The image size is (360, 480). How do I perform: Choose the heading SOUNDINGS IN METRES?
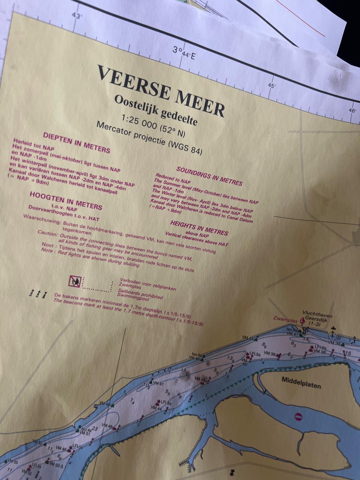point(209,176)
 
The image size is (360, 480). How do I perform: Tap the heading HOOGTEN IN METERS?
point(66,201)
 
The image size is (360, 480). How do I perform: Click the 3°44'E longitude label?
point(184,53)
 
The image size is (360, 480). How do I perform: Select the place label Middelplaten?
point(301,382)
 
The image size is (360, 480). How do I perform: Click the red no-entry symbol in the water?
point(298,417)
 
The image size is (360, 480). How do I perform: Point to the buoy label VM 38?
point(270,353)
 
